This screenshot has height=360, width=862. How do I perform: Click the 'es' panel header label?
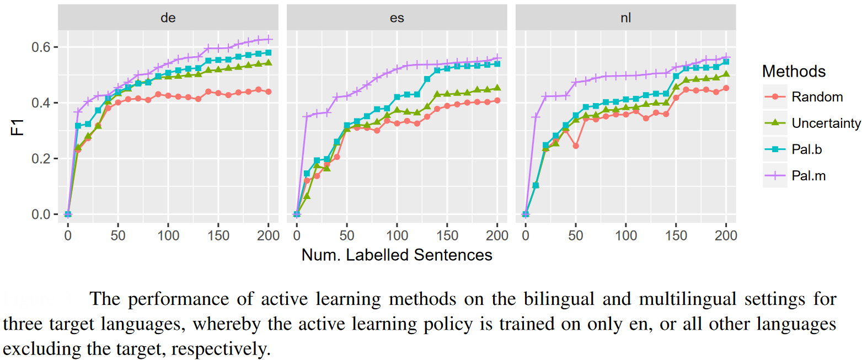point(397,18)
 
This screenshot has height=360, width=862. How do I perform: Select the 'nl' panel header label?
point(625,18)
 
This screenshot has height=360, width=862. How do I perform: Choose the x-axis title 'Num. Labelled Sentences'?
point(397,255)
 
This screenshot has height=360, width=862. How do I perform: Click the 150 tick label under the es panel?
point(447,235)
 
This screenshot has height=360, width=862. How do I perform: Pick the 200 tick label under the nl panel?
point(726,235)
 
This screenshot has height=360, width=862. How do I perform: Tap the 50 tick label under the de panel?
point(118,235)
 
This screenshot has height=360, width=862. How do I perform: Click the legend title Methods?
point(794,72)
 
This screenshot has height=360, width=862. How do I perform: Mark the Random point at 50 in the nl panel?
point(575,146)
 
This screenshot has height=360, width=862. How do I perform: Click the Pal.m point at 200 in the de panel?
point(269,39)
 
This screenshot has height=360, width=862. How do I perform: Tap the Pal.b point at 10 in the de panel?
point(78,126)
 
